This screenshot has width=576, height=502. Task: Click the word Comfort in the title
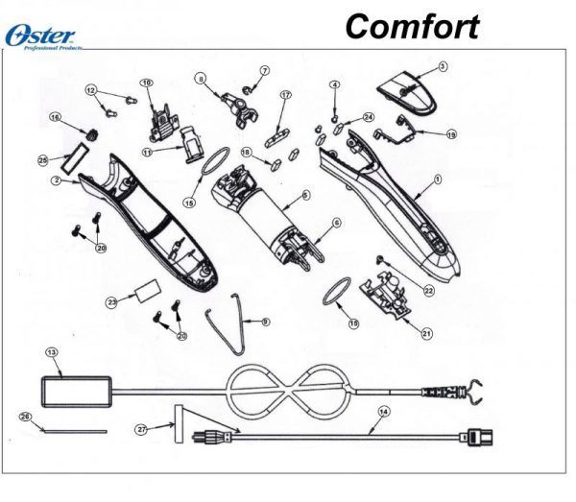[412, 26]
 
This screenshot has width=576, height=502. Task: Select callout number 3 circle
[443, 66]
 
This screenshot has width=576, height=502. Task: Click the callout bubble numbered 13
[53, 352]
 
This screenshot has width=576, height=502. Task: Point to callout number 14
[384, 412]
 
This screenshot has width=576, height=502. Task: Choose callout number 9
[265, 320]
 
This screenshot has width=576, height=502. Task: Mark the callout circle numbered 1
[438, 179]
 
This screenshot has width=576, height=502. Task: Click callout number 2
[57, 179]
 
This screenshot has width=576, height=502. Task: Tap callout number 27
[140, 429]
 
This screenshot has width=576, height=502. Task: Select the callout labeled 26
[27, 417]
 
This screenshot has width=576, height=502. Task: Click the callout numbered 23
[111, 302]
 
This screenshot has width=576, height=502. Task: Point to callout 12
[91, 90]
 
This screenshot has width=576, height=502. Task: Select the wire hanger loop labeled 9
[230, 317]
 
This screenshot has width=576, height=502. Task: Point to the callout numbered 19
[451, 134]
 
